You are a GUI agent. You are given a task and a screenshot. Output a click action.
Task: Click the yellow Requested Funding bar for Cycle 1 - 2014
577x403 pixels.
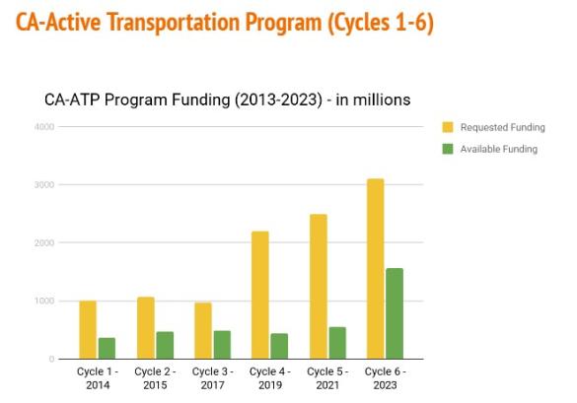[88, 330]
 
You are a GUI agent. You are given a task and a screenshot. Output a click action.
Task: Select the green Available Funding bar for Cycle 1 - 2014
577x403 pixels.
[107, 349]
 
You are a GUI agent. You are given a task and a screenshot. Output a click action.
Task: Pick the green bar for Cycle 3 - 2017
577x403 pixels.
[221, 345]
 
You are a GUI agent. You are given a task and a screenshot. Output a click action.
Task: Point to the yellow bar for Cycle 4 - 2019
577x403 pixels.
[259, 296]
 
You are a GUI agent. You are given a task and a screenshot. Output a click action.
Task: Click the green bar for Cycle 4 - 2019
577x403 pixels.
[278, 346]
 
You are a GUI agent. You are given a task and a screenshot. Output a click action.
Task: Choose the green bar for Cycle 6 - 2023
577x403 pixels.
[394, 313]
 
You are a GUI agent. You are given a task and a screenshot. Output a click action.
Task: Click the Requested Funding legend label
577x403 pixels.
[502, 128]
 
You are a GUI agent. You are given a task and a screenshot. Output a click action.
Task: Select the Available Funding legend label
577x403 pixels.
[498, 150]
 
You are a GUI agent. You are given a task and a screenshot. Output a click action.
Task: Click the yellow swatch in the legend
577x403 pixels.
[448, 128]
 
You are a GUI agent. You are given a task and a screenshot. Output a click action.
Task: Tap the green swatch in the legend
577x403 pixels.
[448, 150]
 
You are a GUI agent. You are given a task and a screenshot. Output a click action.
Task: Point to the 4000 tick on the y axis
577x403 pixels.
[43, 127]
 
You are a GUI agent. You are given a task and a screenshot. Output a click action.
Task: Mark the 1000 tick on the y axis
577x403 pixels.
[43, 302]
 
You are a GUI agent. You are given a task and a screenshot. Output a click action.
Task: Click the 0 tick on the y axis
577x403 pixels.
[50, 360]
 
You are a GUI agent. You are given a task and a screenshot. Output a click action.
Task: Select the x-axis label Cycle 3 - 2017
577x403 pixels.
[212, 378]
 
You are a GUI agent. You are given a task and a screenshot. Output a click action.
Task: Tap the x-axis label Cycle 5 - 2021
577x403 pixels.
[326, 378]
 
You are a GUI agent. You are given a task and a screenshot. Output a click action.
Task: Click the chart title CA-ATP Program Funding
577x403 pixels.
[227, 101]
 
